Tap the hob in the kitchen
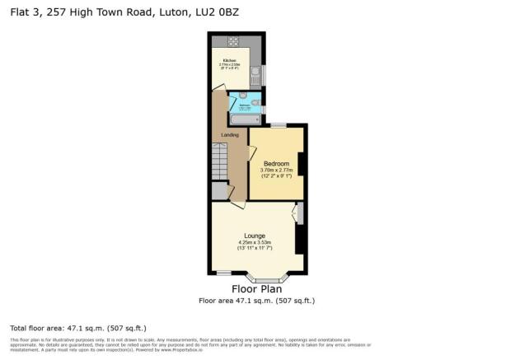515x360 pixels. coord(232,41)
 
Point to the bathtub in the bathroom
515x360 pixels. coord(244,119)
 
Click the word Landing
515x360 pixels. coord(232,135)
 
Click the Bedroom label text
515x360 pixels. coord(276,164)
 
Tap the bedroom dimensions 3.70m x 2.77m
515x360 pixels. coord(276,171)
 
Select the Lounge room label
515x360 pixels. coord(254,235)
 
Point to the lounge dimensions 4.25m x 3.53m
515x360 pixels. coord(254,241)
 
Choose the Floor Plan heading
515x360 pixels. coord(256,289)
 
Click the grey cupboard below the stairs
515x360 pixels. coord(219,189)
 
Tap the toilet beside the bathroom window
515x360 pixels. coord(255,96)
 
